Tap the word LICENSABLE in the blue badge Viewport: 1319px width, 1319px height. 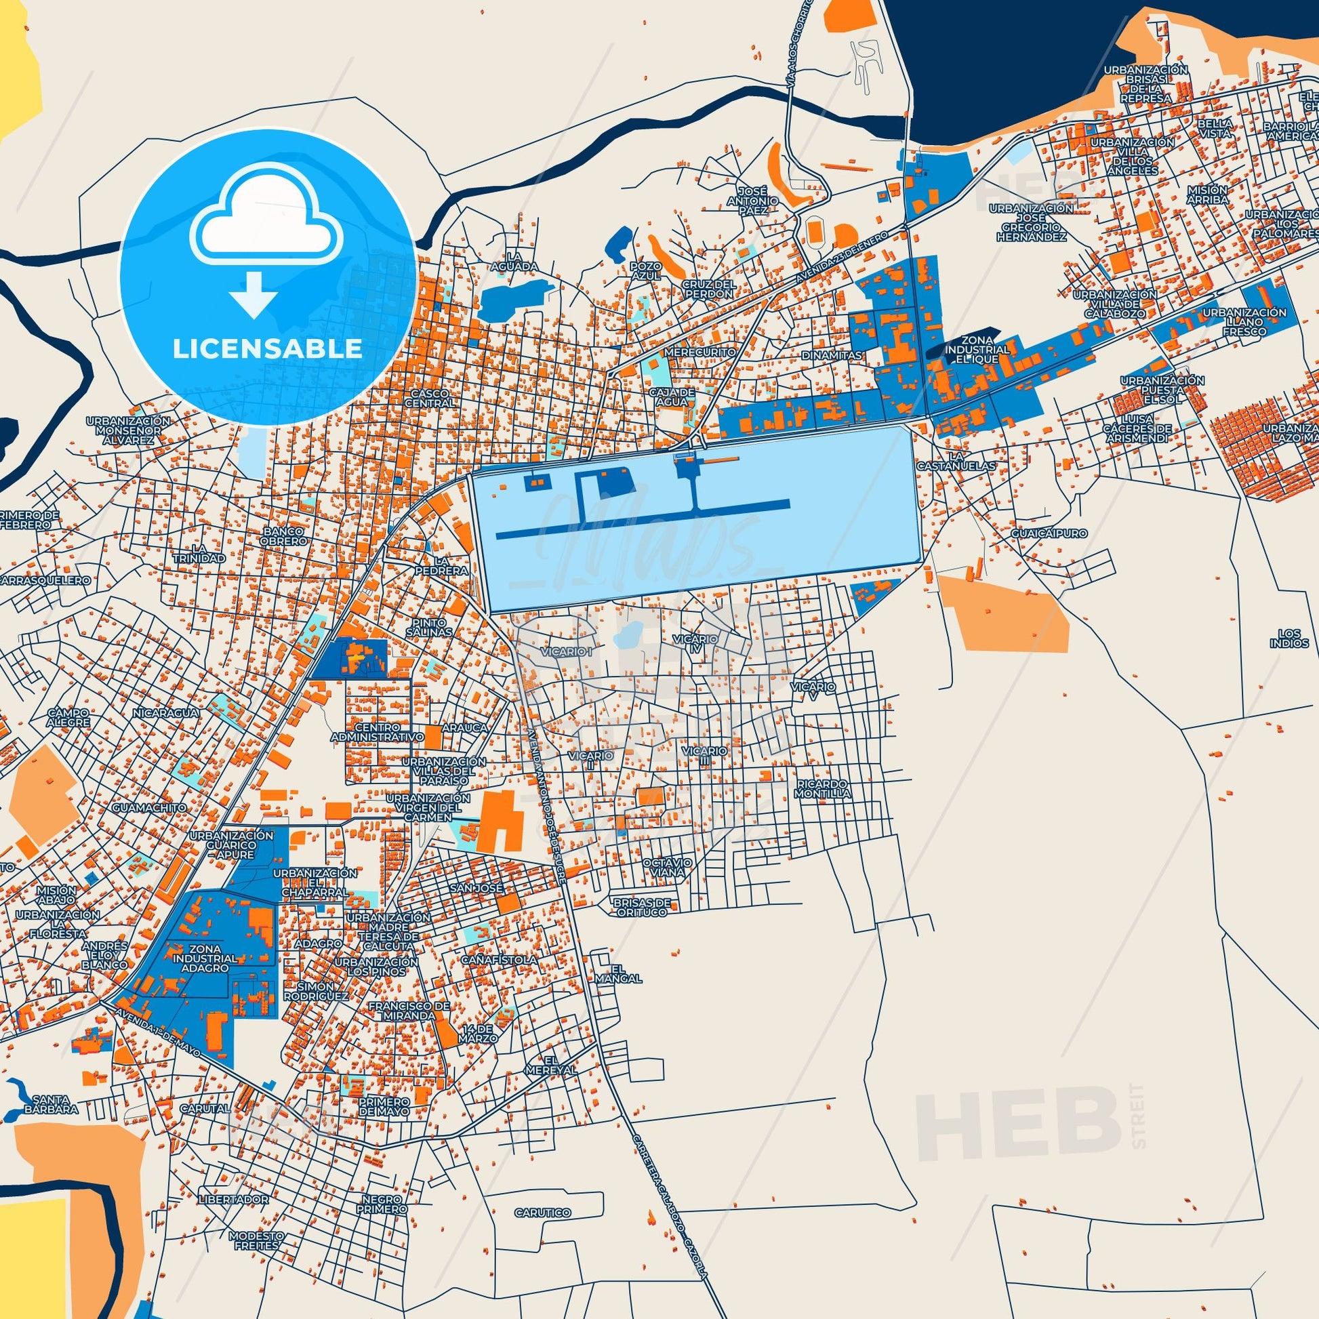pos(268,349)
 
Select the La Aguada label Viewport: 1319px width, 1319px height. pos(514,262)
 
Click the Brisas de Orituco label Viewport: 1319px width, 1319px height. pos(642,907)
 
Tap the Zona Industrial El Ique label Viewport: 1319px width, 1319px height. pos(977,349)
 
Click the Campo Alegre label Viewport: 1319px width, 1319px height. pos(68,717)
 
